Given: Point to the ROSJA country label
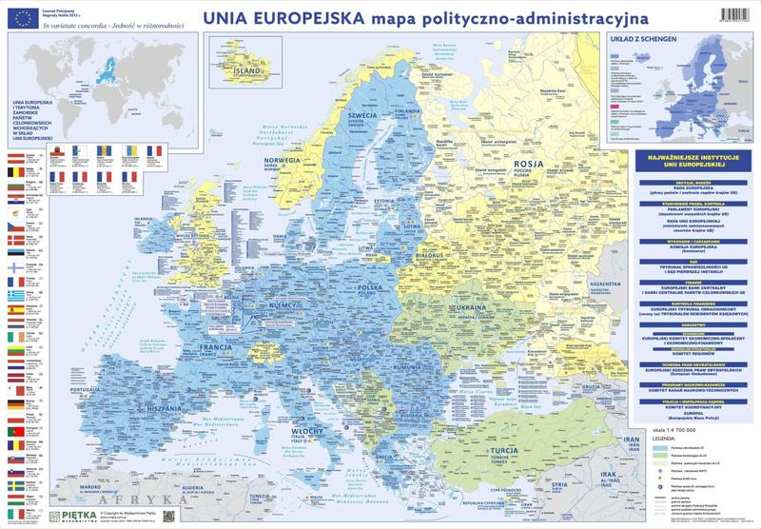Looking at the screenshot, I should click(528, 163).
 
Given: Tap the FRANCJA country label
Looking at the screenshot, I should click(220, 348).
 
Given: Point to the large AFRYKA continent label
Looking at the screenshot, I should click(151, 499).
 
